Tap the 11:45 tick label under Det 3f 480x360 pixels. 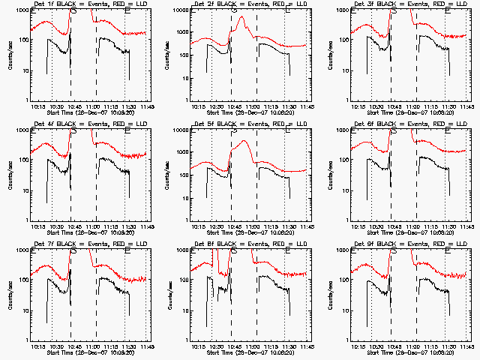point(468,106)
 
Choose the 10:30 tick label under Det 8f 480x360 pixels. point(215,346)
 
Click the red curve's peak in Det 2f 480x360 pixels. point(241,16)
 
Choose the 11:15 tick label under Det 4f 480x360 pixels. point(112,226)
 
